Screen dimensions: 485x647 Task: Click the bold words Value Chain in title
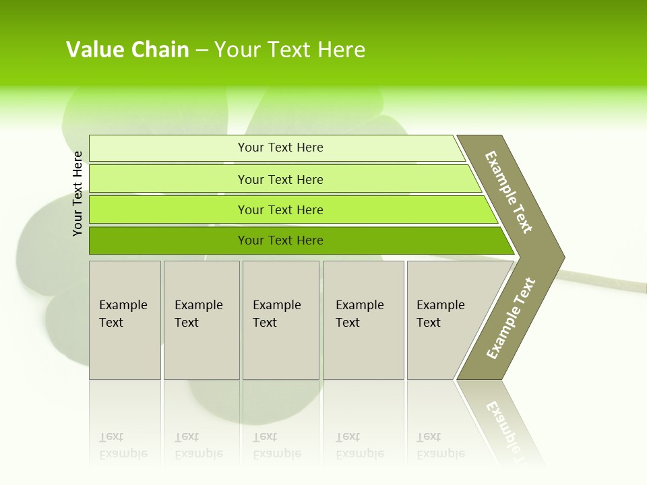click(127, 49)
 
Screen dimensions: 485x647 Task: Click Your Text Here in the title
click(290, 49)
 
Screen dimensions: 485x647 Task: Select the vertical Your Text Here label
click(78, 193)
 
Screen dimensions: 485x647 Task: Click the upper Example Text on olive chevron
click(509, 192)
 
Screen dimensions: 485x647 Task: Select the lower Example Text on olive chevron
click(510, 318)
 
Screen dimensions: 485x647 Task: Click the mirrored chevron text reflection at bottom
click(505, 424)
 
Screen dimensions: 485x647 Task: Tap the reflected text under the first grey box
click(123, 445)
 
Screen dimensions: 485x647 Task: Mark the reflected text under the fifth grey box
click(440, 445)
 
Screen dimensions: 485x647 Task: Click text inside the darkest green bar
click(280, 240)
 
